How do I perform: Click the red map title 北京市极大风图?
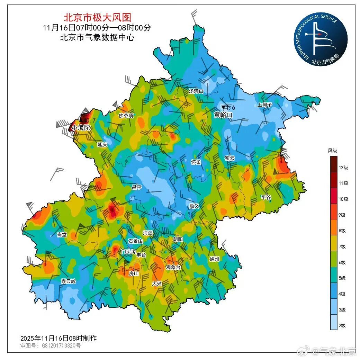tap(97, 17)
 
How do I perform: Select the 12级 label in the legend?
tap(343, 168)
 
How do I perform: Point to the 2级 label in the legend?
tap(342, 325)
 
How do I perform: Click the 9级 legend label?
tap(342, 215)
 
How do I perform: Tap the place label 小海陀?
tap(81, 128)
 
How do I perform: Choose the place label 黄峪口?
tap(223, 115)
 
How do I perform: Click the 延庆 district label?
tap(102, 144)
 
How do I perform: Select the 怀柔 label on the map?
tap(196, 162)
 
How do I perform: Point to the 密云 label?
tap(229, 158)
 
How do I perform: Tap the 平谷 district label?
tap(266, 197)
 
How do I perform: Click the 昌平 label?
tap(136, 187)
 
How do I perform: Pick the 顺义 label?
tap(195, 206)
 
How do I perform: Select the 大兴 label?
tap(157, 283)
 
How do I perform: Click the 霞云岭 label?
tap(68, 281)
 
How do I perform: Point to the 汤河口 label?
tap(196, 91)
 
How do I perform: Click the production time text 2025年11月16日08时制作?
tap(58, 338)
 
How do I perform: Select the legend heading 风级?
tap(332, 151)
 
